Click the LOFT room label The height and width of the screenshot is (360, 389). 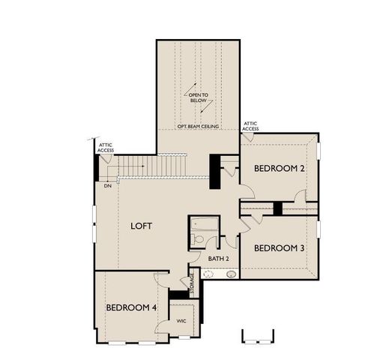pyautogui.click(x=142, y=225)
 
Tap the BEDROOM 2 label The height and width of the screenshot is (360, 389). pyautogui.click(x=279, y=169)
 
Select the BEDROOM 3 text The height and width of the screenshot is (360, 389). pyautogui.click(x=279, y=248)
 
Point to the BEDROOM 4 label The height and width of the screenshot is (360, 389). pyautogui.click(x=131, y=307)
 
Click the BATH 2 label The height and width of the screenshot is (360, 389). pyautogui.click(x=219, y=259)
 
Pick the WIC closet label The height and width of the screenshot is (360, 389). pyautogui.click(x=181, y=320)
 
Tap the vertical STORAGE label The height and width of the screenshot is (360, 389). pyautogui.click(x=192, y=283)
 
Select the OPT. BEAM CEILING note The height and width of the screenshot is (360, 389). pyautogui.click(x=198, y=127)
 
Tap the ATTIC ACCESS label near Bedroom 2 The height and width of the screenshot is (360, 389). pyautogui.click(x=250, y=126)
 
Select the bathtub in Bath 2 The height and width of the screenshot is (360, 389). pyautogui.click(x=202, y=223)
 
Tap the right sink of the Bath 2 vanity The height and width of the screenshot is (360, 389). pyautogui.click(x=230, y=276)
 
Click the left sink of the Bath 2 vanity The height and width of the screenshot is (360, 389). pyautogui.click(x=209, y=276)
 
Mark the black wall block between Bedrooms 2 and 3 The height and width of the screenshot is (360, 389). pyautogui.click(x=277, y=208)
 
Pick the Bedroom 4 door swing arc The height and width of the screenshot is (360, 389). pyautogui.click(x=163, y=280)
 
